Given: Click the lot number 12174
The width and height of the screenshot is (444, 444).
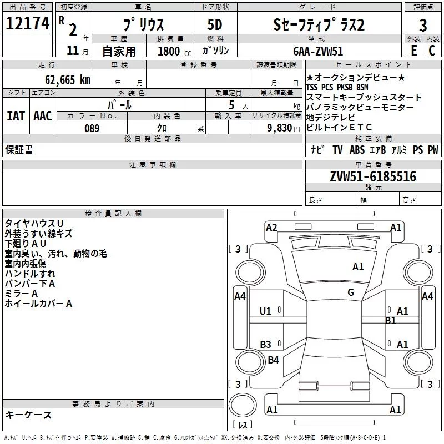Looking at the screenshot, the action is click(x=27, y=23).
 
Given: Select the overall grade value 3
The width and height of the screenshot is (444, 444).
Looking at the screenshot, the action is click(x=423, y=25).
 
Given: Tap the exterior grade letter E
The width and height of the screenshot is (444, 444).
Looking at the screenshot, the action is click(x=414, y=51).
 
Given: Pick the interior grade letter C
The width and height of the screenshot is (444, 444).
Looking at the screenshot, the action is click(x=432, y=51).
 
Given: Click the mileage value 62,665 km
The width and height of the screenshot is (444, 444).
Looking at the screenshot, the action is click(x=68, y=80).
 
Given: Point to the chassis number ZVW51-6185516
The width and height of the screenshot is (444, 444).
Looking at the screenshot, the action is click(x=373, y=176).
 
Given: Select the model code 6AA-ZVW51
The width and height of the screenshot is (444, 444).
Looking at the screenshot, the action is click(x=318, y=51).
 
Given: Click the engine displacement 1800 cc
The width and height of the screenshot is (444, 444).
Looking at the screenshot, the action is click(x=174, y=51).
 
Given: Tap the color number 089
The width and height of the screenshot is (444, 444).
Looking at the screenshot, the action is click(x=92, y=128).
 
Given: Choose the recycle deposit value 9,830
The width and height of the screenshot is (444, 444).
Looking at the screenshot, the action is click(x=280, y=128).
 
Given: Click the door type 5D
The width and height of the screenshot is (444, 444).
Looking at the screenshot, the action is click(x=215, y=25).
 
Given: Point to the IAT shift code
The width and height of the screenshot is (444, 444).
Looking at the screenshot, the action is click(x=16, y=116).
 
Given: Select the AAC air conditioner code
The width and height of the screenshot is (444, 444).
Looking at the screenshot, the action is click(x=43, y=116).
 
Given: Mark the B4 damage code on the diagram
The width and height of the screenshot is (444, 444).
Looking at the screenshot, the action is click(x=273, y=360).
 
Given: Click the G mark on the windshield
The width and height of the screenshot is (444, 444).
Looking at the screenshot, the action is click(x=351, y=292).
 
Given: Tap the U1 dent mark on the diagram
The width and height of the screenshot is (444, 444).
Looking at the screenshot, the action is click(x=265, y=311).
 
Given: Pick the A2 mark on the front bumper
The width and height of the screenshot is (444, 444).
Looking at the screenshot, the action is click(x=271, y=228).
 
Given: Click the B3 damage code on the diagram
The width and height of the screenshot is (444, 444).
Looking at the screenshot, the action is click(x=266, y=344).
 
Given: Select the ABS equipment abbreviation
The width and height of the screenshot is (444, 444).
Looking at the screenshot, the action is click(x=357, y=150).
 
